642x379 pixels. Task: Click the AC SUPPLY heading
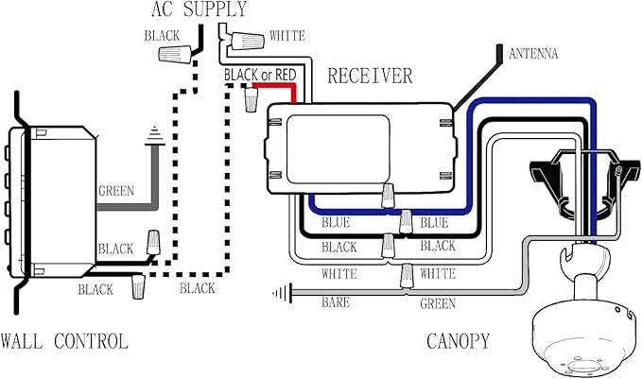pos(199,9)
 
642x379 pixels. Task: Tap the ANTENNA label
pos(533,54)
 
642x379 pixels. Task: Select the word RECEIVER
pos(370,77)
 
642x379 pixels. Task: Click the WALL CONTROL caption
pos(64,341)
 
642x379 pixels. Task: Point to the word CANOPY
pos(459,341)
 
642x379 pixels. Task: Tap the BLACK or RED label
pos(260,75)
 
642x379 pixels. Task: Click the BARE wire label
pos(336,302)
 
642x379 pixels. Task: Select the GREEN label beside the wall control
pos(116,191)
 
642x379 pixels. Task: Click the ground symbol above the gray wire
pos(155,136)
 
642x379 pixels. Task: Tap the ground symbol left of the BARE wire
pos(283,293)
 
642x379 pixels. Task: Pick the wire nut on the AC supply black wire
pos(175,55)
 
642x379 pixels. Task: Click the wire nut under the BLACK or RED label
pos(251,99)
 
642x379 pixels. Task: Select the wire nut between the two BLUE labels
pos(406,221)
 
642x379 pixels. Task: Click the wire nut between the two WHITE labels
pos(407,275)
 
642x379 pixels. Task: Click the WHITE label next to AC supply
pos(287,36)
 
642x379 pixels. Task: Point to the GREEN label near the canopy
pos(438,303)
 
